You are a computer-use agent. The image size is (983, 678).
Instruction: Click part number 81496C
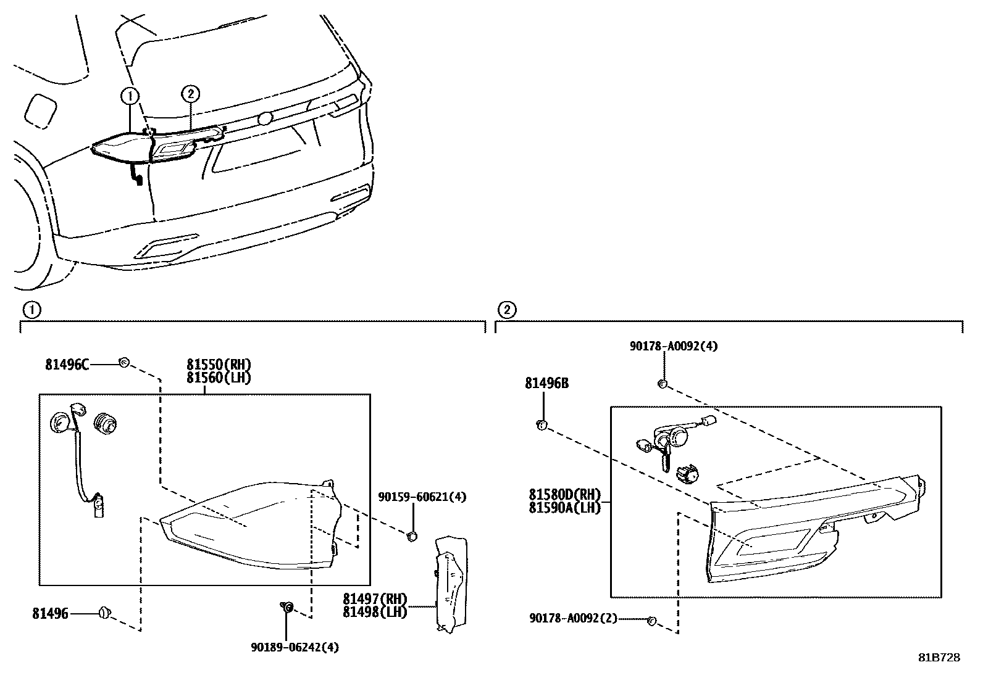point(67,365)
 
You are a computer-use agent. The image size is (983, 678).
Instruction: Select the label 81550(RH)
point(219,365)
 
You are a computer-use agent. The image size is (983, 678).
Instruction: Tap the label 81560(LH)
point(219,378)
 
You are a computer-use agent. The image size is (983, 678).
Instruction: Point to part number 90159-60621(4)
point(422,497)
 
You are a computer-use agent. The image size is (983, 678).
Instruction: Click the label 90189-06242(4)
point(295,647)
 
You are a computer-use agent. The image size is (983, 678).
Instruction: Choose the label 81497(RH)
point(375,599)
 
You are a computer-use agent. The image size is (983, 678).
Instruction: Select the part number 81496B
point(546,384)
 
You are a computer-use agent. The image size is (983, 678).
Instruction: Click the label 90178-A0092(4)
point(674,347)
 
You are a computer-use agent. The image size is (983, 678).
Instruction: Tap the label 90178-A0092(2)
point(573,618)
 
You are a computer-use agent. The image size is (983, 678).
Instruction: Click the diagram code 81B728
point(939,658)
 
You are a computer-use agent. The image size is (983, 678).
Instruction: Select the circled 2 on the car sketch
point(190,94)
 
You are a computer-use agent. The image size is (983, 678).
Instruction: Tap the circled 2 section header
point(506,310)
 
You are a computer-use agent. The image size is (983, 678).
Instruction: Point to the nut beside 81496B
point(542,425)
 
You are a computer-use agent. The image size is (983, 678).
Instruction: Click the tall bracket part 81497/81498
point(450,583)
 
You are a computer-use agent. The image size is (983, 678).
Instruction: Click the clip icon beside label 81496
point(105,613)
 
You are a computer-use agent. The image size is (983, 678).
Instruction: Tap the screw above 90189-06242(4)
point(287,608)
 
